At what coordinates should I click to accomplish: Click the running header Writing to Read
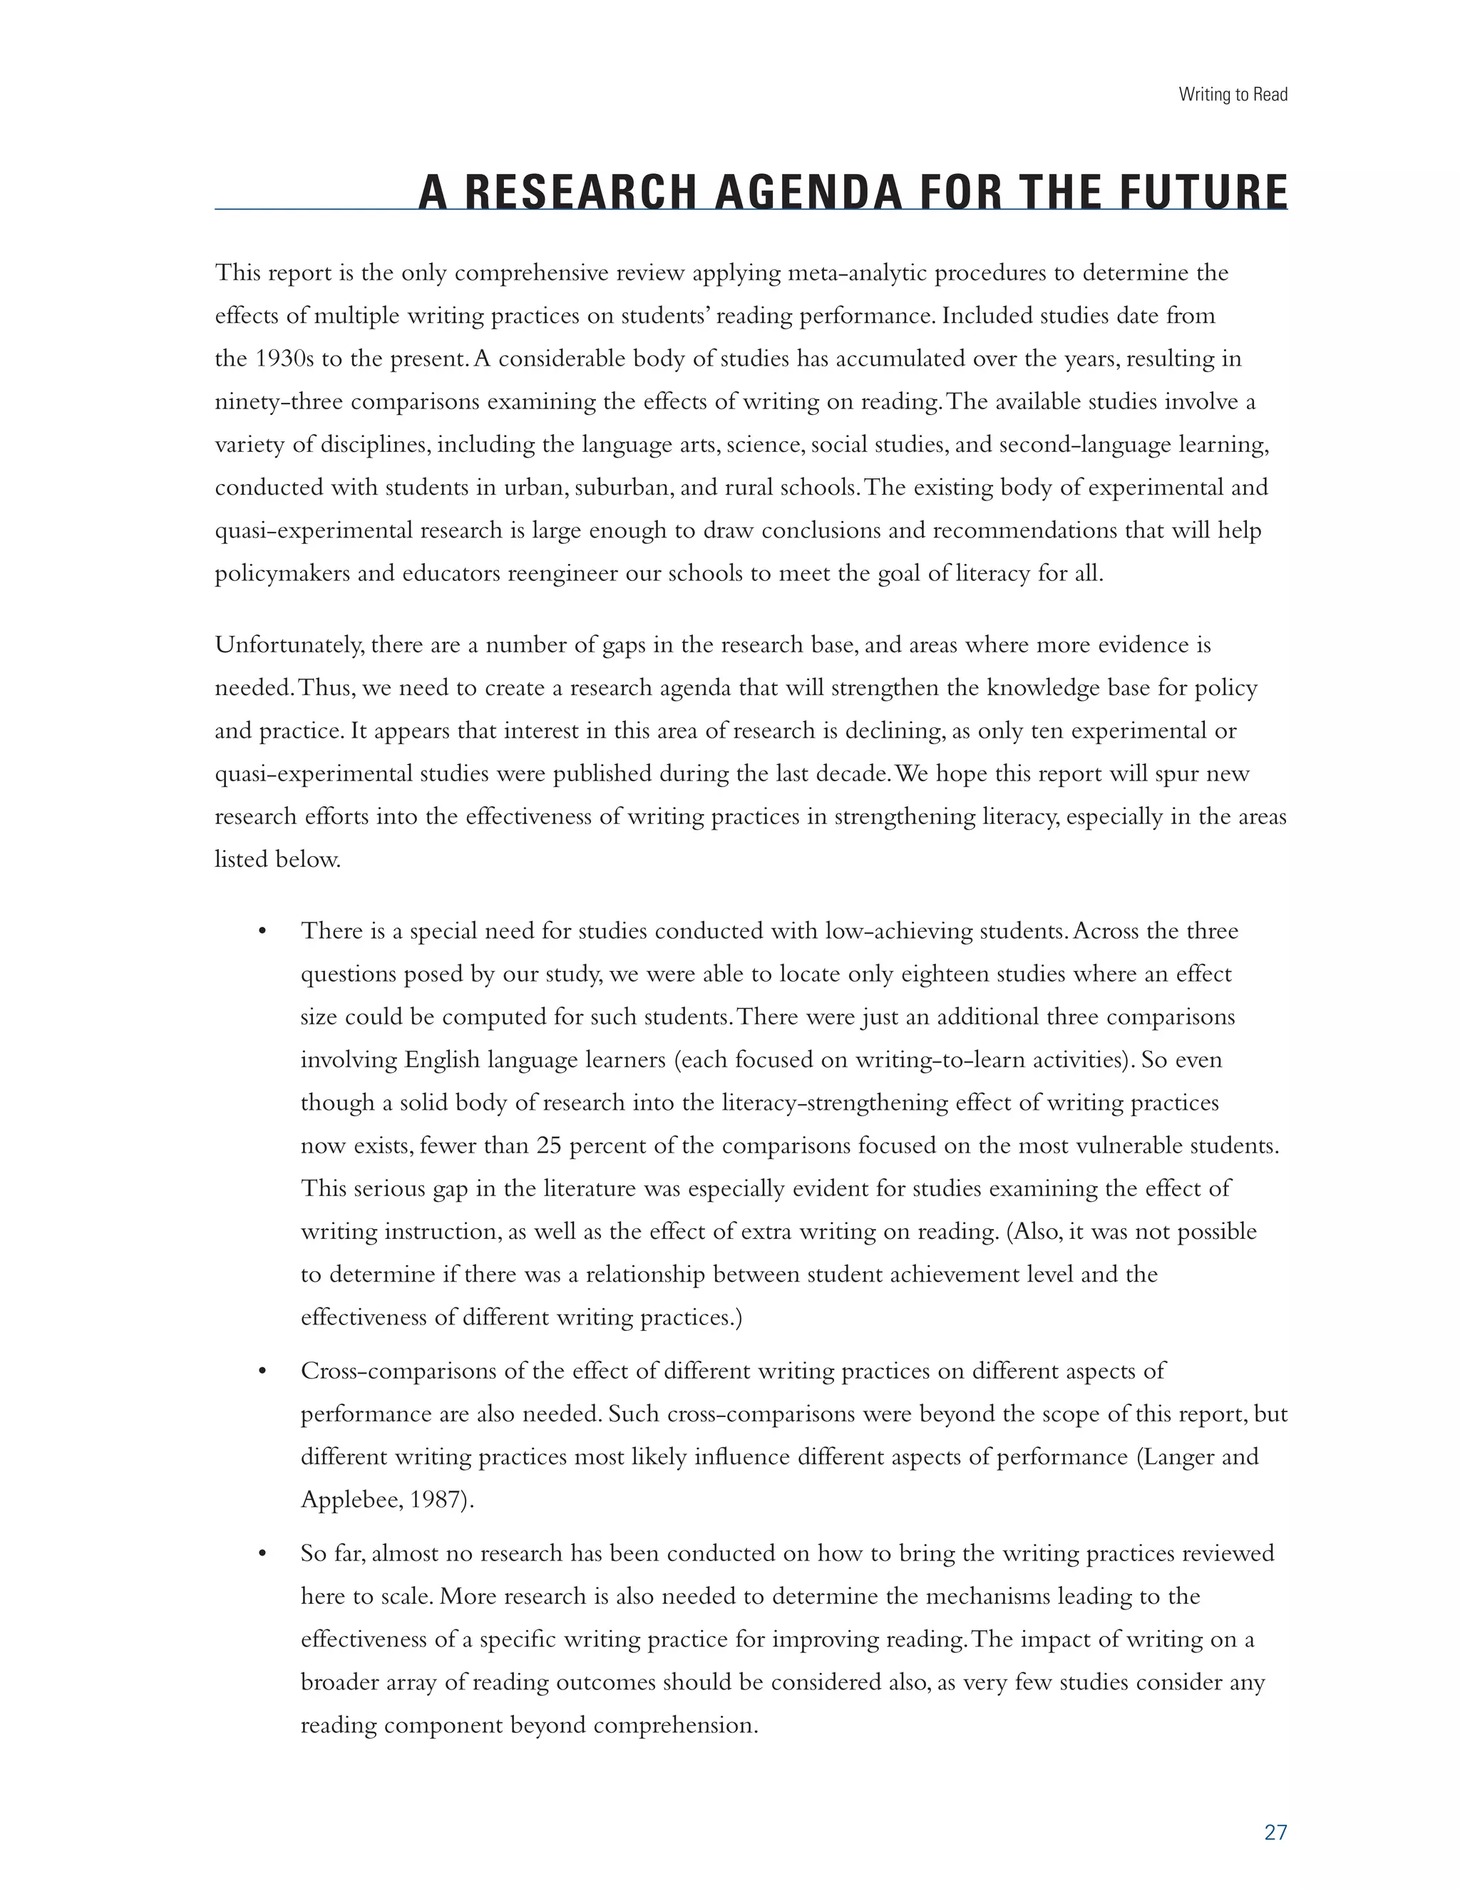[1233, 94]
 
